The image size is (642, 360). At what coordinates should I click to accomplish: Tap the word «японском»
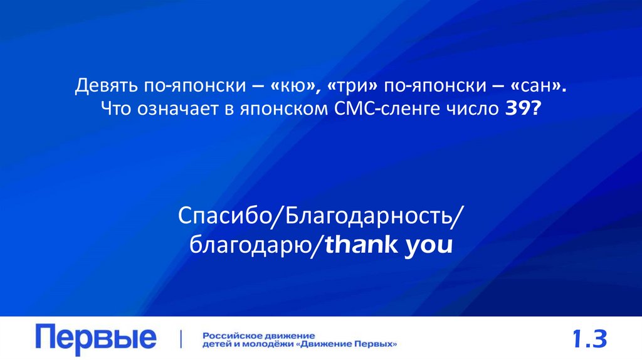(x=277, y=109)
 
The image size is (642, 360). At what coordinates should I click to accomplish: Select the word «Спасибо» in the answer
(x=223, y=217)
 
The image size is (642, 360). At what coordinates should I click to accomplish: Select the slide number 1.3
(x=589, y=339)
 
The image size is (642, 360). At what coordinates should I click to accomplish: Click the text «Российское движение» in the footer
(x=258, y=334)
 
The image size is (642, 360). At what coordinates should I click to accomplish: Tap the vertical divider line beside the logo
(x=181, y=339)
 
